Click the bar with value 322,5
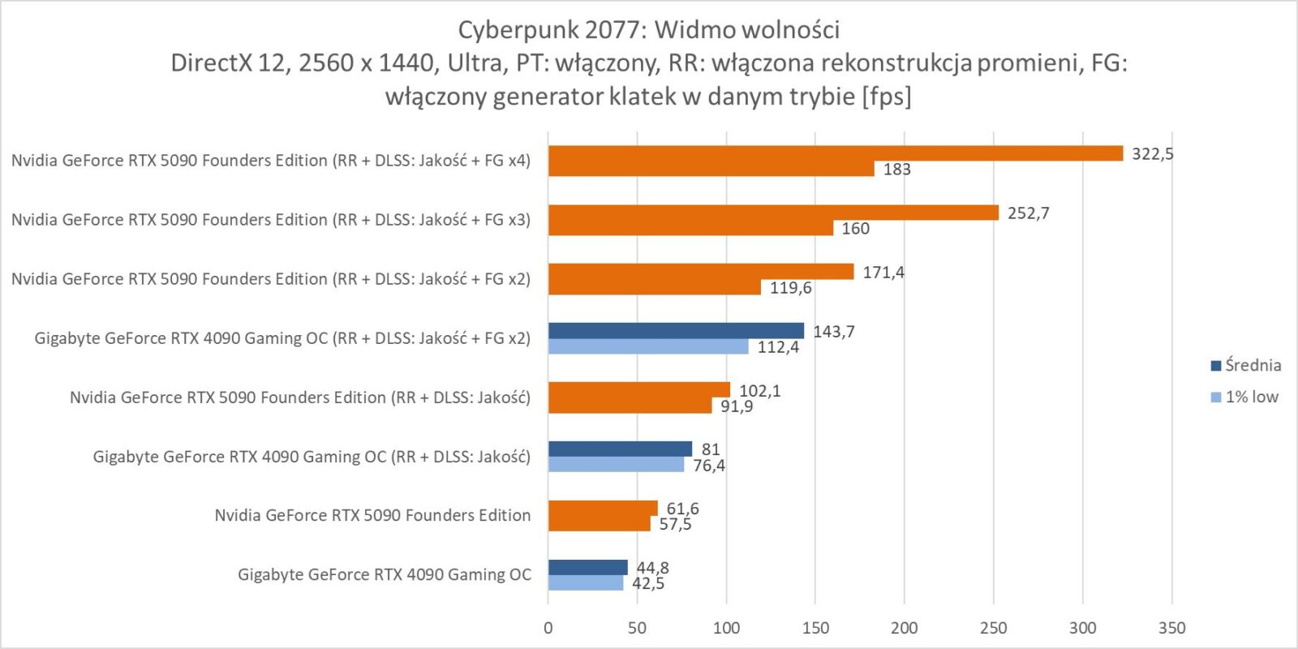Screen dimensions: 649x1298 coord(836,153)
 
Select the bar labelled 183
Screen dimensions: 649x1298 coord(711,169)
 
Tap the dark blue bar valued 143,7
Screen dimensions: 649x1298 coord(676,330)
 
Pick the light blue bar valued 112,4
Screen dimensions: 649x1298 coord(648,346)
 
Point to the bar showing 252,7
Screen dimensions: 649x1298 coord(773,213)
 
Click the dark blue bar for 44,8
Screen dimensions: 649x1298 coord(587,567)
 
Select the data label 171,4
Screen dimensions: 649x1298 coord(883,273)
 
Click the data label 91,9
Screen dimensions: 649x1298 coord(737,406)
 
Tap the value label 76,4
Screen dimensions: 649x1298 coord(709,466)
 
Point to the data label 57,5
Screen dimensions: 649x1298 coord(675,524)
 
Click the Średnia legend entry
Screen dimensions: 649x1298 coord(1245,365)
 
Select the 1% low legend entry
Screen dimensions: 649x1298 coord(1244,397)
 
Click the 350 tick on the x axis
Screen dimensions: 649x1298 coord(1171,627)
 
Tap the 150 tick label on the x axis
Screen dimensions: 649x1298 coord(815,627)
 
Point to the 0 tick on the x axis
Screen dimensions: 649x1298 coord(548,627)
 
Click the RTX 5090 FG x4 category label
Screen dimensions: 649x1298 coord(271,161)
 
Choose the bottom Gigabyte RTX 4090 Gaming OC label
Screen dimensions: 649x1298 coord(384,574)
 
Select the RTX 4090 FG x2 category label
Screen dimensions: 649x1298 coord(282,338)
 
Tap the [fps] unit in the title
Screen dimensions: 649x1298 coord(887,97)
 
